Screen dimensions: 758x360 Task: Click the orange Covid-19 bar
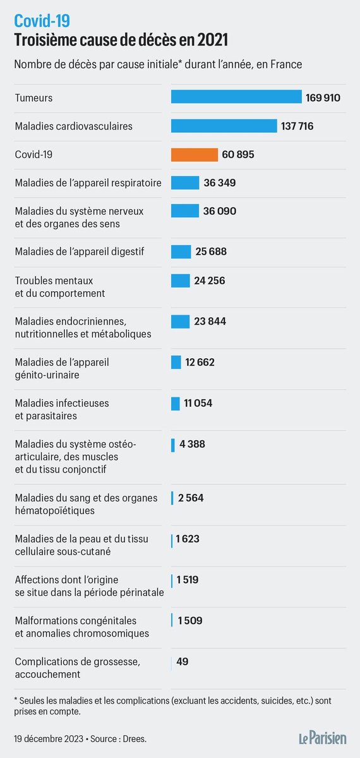[x=194, y=155]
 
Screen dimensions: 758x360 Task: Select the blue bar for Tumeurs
[x=236, y=97]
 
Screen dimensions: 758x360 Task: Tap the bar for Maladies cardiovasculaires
[x=224, y=126]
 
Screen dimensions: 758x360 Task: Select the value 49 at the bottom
[x=183, y=661]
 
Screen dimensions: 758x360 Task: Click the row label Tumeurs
[x=33, y=98]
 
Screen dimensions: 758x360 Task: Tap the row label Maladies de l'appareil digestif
[x=80, y=252]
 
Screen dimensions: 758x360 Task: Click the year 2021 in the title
[x=211, y=40]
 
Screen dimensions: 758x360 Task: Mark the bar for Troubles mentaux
[x=180, y=280]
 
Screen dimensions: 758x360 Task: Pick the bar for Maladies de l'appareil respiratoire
[x=184, y=183]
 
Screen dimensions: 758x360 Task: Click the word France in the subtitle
[x=287, y=64]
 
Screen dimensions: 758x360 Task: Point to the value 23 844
[x=210, y=322]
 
